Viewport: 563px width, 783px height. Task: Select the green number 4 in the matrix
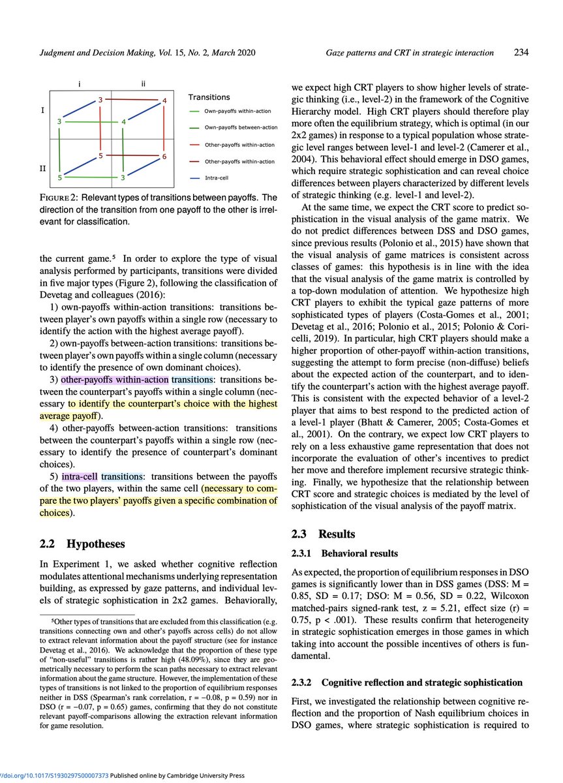click(123, 121)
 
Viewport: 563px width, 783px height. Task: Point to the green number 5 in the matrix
click(60, 177)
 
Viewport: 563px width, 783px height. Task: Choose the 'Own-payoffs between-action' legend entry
click(241, 127)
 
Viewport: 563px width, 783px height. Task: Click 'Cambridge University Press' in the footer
click(200, 776)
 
